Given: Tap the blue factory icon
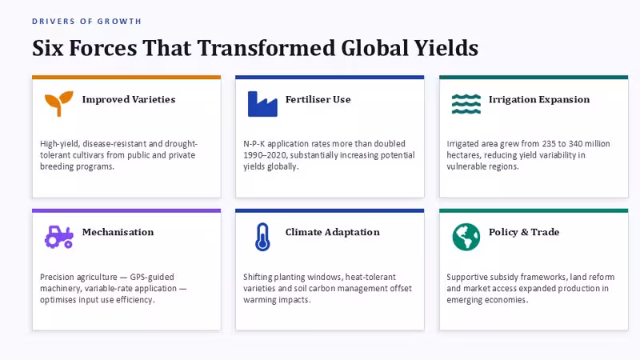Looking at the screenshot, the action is coord(262,104).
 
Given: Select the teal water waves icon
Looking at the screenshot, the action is coord(466,104).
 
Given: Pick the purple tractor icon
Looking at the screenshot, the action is coord(58,237).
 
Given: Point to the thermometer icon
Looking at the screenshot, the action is coord(262,237).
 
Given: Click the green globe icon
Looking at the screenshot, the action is coord(466,237).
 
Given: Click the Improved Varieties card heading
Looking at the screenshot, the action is coord(129,99).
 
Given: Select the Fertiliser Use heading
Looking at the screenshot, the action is coord(318,99).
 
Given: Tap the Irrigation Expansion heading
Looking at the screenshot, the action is coord(539,99).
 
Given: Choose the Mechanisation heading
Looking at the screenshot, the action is coord(118,232).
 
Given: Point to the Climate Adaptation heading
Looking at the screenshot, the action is coord(332,232).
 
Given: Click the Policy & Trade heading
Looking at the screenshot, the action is coord(524,232).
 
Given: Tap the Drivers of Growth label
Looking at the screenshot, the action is coord(87,22).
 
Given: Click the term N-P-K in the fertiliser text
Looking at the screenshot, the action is coord(254,144).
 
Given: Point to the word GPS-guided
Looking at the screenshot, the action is coord(152,277).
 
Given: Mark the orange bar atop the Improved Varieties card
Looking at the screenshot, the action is coord(126,77).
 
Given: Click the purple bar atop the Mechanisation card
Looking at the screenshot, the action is coord(126,210).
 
